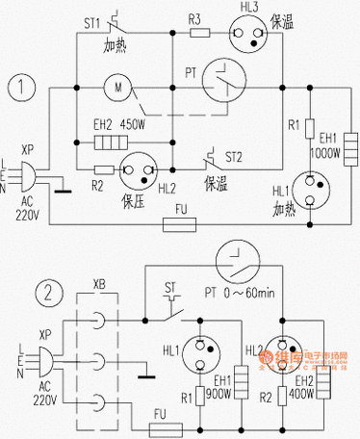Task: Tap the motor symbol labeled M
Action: tap(118, 88)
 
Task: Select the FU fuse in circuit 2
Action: tap(168, 416)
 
